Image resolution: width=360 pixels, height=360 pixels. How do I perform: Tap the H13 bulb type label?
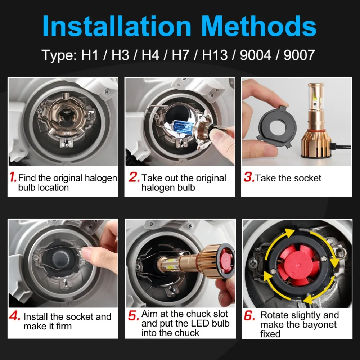(215, 55)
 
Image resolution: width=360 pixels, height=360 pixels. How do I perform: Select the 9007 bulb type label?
(299, 55)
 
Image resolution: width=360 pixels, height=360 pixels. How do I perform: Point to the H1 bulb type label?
(90, 55)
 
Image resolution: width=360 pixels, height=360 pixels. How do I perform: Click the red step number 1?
(13, 177)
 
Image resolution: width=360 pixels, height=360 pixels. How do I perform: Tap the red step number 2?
(134, 177)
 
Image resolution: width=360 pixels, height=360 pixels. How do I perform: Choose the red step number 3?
(249, 177)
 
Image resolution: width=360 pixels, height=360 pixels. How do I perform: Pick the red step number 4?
(15, 316)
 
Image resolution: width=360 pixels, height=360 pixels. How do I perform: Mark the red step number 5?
(134, 315)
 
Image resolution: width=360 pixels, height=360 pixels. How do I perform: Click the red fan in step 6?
(298, 265)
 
